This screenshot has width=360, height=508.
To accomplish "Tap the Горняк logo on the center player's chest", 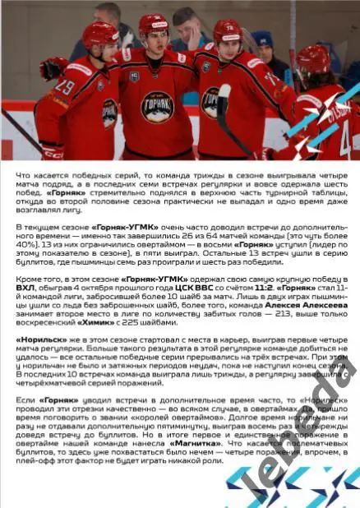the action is pos(156,106).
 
